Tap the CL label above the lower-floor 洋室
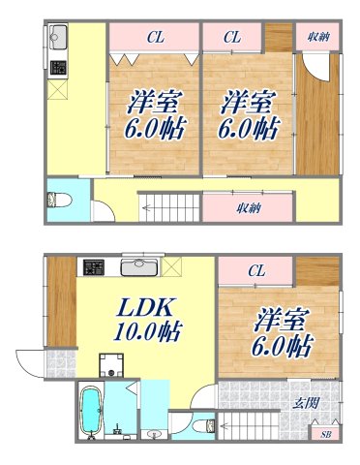(255, 271)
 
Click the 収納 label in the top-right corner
(317, 37)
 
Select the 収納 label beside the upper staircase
(247, 207)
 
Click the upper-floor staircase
(170, 205)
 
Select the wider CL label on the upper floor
(154, 37)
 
